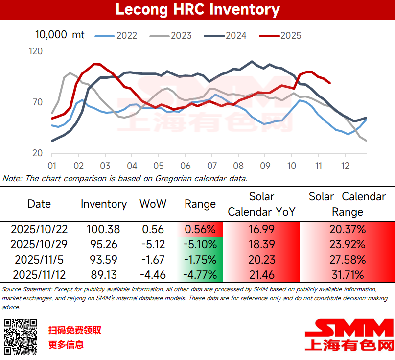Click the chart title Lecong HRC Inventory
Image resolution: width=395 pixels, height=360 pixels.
(x=197, y=10)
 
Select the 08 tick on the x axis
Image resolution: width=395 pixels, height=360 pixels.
(x=238, y=166)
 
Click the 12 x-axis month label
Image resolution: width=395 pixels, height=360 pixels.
(x=345, y=166)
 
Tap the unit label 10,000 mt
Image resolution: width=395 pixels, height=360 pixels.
(x=60, y=35)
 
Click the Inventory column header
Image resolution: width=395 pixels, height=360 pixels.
(x=104, y=204)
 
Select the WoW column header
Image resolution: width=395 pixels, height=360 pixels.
(x=153, y=204)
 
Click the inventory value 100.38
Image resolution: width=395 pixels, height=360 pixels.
(x=103, y=229)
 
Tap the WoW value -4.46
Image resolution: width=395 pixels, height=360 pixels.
(x=152, y=275)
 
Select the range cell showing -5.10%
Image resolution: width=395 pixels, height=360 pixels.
(x=200, y=244)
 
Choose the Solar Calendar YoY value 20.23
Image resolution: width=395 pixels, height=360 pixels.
(x=261, y=260)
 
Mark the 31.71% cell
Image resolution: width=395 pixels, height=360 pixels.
(x=347, y=275)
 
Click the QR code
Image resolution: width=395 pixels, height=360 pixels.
(x=21, y=337)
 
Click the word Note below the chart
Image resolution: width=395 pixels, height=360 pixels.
(x=11, y=178)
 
